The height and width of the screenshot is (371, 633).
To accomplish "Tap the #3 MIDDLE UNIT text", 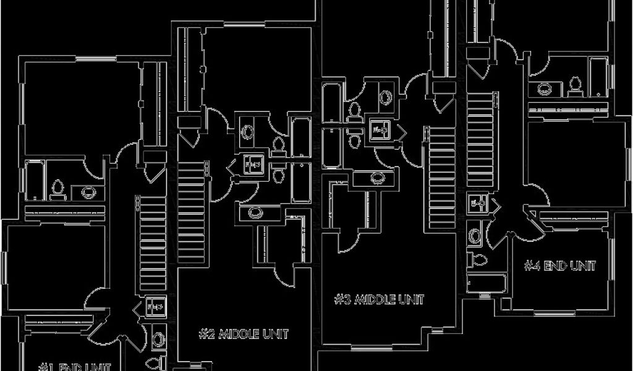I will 380,299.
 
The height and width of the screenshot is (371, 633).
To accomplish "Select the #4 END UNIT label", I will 560,266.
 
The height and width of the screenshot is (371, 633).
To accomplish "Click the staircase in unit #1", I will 151,241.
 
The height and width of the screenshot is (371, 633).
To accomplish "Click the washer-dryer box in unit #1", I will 156,305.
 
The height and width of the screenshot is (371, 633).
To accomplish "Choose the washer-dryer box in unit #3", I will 380,129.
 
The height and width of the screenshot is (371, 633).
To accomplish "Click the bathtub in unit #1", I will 34,181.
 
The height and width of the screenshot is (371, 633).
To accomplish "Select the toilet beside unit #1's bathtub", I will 59,189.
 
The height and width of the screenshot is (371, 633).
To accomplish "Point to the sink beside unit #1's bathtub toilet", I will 88,192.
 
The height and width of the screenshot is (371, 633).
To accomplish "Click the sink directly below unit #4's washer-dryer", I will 475,235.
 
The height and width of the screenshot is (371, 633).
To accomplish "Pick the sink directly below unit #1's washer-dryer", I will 158,338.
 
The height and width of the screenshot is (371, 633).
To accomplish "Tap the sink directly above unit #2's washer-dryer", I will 247,131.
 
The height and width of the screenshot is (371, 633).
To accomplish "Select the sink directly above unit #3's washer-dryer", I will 386,97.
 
